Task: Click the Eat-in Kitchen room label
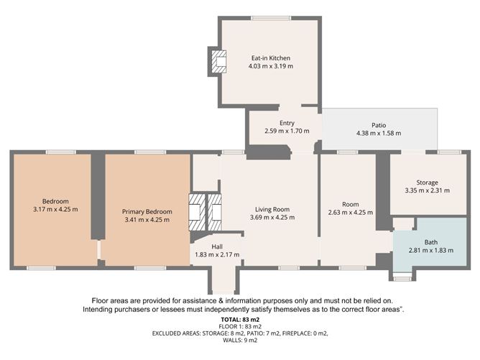[271, 58]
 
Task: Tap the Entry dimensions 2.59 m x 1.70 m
[287, 131]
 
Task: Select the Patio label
[379, 125]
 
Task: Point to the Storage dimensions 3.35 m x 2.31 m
[428, 190]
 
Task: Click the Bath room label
[430, 242]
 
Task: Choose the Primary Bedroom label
[147, 211]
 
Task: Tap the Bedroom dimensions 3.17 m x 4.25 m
[55, 209]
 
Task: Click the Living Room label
[272, 209]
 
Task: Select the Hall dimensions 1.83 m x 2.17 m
[217, 254]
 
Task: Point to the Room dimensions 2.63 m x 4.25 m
[351, 212]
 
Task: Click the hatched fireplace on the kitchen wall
[218, 62]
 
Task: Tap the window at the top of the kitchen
[271, 18]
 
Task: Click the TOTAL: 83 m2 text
[240, 320]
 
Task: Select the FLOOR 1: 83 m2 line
[240, 327]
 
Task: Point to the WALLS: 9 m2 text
[240, 340]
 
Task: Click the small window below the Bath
[402, 279]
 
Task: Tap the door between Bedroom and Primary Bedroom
[99, 250]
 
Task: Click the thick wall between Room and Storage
[383, 192]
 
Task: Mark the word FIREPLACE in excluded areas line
[295, 333]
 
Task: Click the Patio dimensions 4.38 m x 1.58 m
[379, 133]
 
